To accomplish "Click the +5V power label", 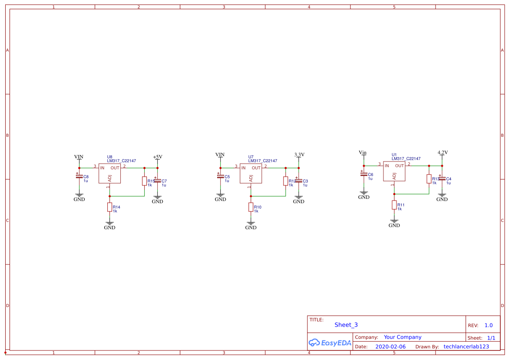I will point(157,157).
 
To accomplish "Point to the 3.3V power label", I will point(299,155).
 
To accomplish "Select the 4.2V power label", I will point(442,153).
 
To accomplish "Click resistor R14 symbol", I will point(110,207).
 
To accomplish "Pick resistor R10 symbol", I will point(251,207).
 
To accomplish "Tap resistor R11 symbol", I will point(394,205).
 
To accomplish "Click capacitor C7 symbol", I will point(157,181).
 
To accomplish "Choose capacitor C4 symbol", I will point(442,178).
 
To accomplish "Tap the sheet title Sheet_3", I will point(346,325).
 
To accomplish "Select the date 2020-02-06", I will point(390,347).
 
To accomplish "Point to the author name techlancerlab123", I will point(466,347).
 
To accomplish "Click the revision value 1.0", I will point(489,325).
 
